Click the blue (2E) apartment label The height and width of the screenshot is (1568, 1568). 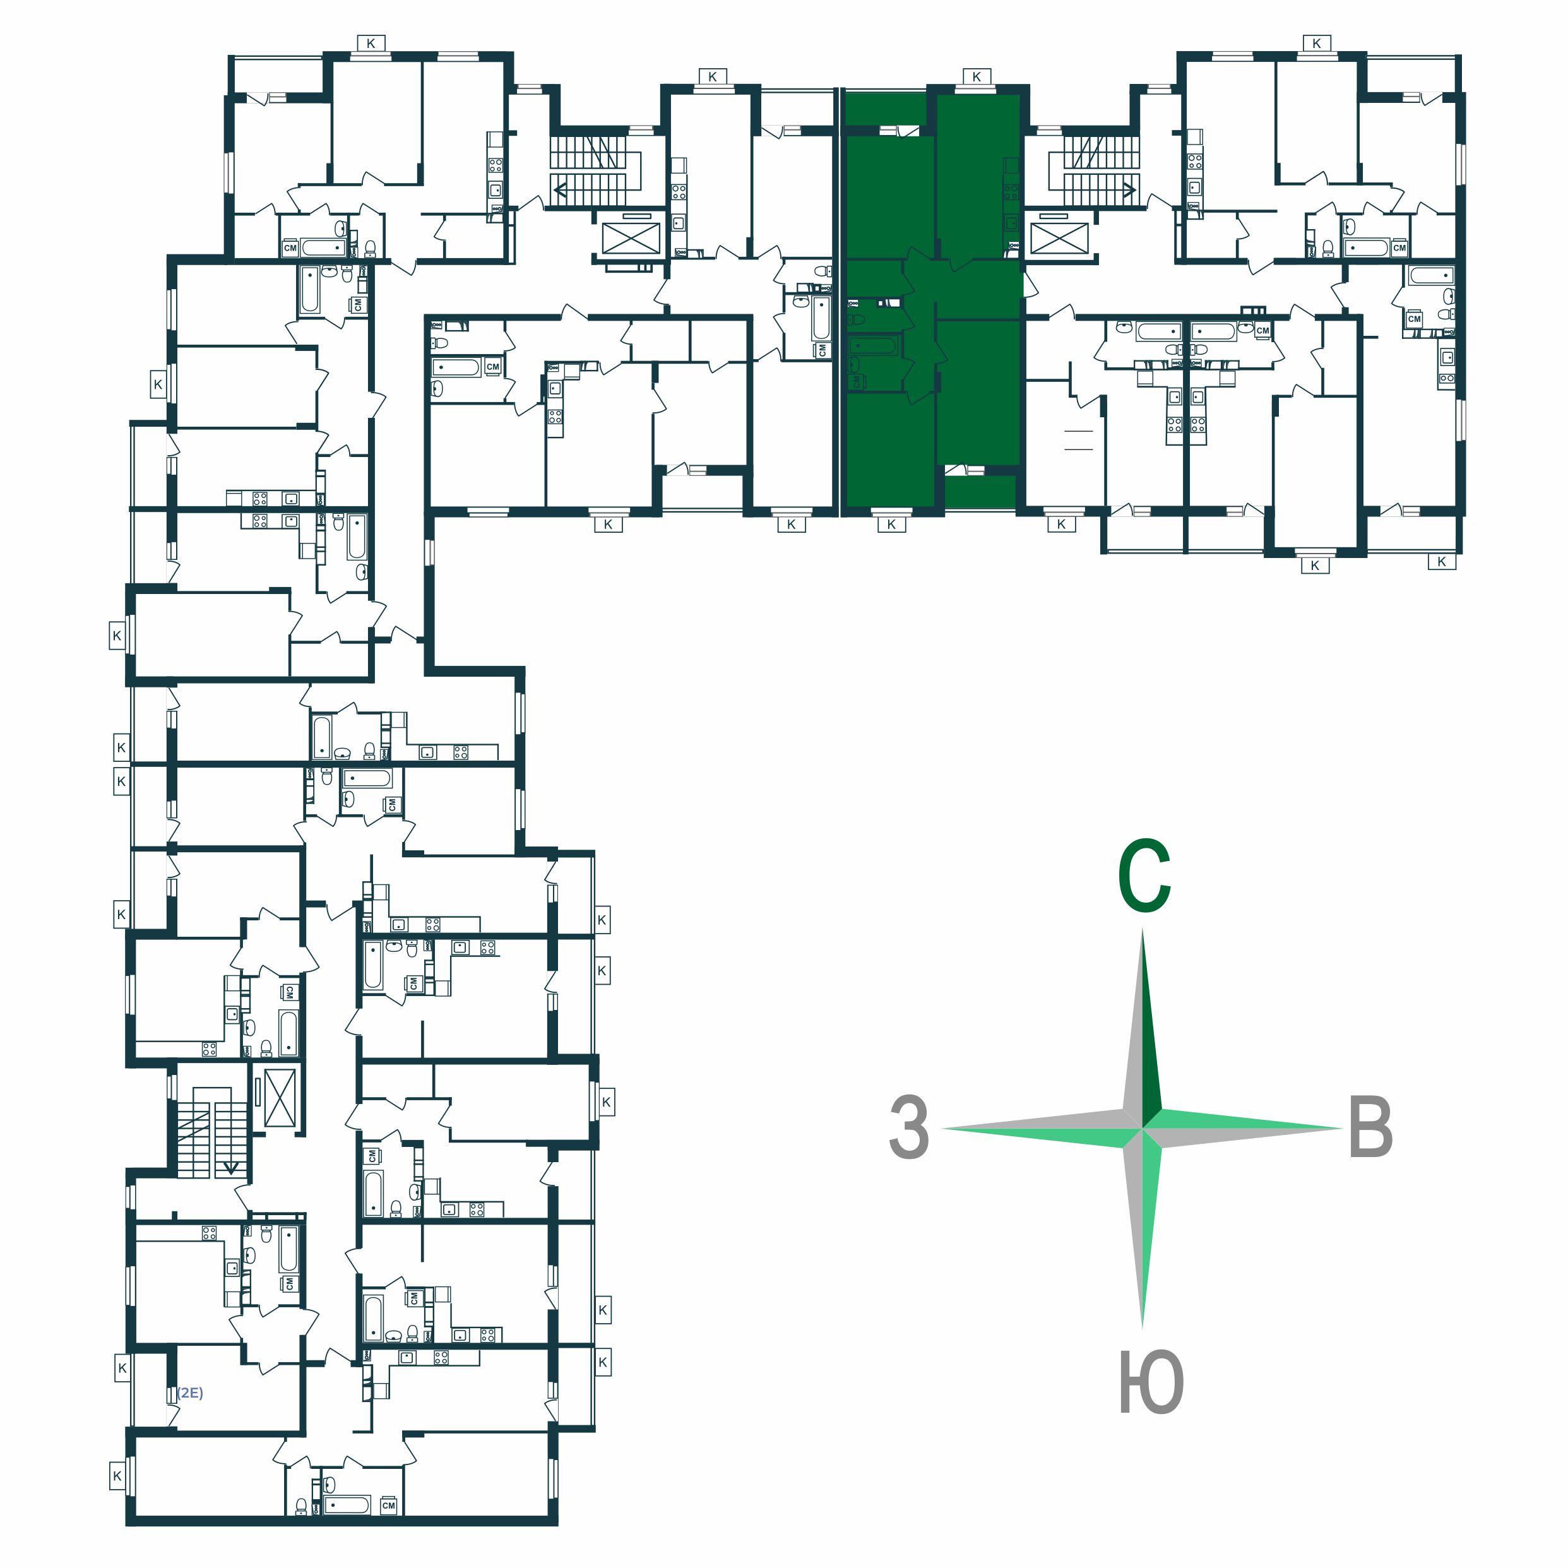(x=190, y=1393)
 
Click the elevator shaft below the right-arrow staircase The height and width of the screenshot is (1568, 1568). (x=1059, y=239)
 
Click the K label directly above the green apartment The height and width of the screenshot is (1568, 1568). (x=977, y=76)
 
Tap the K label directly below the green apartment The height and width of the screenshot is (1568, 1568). (x=891, y=525)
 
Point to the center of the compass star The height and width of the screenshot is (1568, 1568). (x=1143, y=1128)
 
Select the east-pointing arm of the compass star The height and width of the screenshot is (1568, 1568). (x=1242, y=1128)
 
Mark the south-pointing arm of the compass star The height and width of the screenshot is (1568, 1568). (x=1143, y=1225)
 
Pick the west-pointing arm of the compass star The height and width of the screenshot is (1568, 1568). (x=1042, y=1128)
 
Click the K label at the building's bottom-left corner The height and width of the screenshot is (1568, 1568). (x=117, y=1475)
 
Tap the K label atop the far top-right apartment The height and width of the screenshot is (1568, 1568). (x=1316, y=43)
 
